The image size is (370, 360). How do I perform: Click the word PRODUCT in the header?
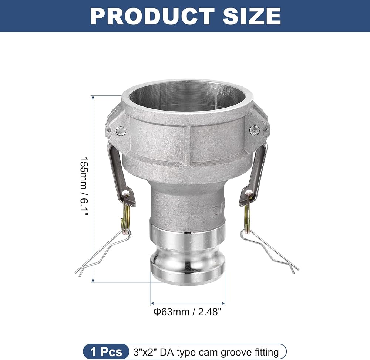[x=152, y=16]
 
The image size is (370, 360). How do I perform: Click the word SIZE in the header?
[x=252, y=16]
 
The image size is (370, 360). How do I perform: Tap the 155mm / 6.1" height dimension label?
[x=84, y=187]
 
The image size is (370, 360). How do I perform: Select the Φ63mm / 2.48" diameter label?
[x=188, y=312]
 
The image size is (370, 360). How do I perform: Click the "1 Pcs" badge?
[x=106, y=352]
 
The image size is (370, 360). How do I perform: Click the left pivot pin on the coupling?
[x=121, y=131]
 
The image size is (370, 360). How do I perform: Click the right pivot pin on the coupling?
[x=255, y=130]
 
